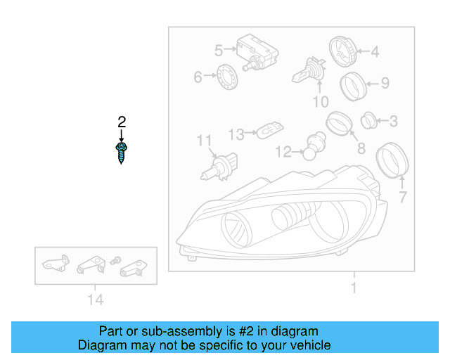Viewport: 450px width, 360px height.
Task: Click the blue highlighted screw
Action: [122, 152]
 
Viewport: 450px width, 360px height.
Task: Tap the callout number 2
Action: [122, 122]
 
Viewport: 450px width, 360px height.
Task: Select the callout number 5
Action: [219, 50]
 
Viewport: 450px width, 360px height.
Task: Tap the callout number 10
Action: [320, 102]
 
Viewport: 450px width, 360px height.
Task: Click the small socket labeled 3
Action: [368, 121]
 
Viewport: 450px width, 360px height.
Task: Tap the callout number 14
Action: [96, 300]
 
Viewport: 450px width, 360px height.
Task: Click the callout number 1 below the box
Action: [354, 288]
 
